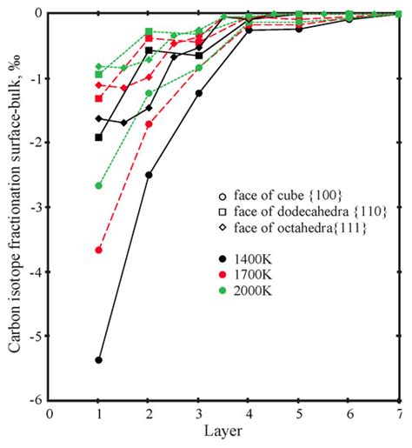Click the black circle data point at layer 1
click(x=99, y=359)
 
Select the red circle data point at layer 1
click(x=99, y=250)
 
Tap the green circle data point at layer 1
click(x=99, y=185)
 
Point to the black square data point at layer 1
click(x=99, y=137)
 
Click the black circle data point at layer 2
click(x=149, y=175)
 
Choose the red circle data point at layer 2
click(x=149, y=124)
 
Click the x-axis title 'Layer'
click(x=224, y=431)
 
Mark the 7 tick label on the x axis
click(x=399, y=414)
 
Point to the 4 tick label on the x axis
click(x=249, y=414)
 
